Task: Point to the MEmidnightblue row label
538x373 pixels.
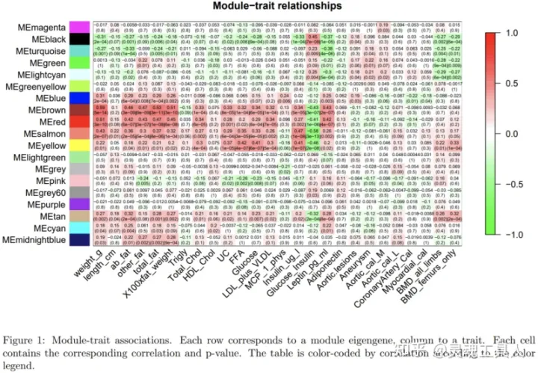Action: pos(34,239)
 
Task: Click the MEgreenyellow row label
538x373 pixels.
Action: pos(34,87)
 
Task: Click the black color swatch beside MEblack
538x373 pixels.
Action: pos(79,39)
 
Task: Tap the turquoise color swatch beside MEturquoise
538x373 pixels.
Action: pos(79,51)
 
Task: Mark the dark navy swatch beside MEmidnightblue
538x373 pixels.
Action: pos(79,239)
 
